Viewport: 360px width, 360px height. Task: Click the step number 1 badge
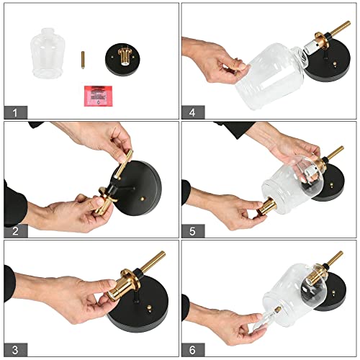[14, 112]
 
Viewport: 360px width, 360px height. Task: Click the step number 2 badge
[14, 230]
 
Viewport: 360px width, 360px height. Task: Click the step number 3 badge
[14, 348]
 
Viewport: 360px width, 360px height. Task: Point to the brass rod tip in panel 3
[160, 256]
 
